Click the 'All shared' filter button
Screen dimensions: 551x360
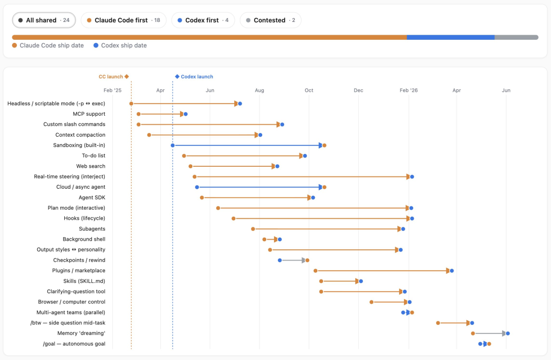pos(44,20)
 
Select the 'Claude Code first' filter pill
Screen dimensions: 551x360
pos(123,20)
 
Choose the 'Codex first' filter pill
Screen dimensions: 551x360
pos(203,20)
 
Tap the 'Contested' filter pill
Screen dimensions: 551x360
pos(270,20)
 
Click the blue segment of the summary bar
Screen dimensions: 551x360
pos(450,37)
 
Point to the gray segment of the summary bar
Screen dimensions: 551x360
pos(516,37)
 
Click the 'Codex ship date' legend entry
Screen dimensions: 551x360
pos(120,45)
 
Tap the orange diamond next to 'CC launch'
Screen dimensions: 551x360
pos(127,76)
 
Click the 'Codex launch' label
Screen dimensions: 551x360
pos(197,76)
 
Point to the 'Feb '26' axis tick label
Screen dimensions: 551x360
pos(409,90)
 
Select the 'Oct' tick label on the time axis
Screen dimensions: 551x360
pos(309,90)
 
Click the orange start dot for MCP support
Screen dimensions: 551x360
pos(138,114)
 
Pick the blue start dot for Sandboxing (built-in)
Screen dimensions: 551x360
pos(172,145)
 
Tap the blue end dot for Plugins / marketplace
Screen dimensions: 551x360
pos(452,271)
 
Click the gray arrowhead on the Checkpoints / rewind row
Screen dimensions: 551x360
pos(304,260)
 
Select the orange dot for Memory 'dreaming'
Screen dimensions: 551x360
pos(473,333)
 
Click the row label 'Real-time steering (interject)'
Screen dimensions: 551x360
pos(69,176)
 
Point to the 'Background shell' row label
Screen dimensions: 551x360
pos(84,239)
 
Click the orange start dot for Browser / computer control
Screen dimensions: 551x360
pos(371,302)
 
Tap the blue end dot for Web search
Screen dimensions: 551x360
pos(277,166)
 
